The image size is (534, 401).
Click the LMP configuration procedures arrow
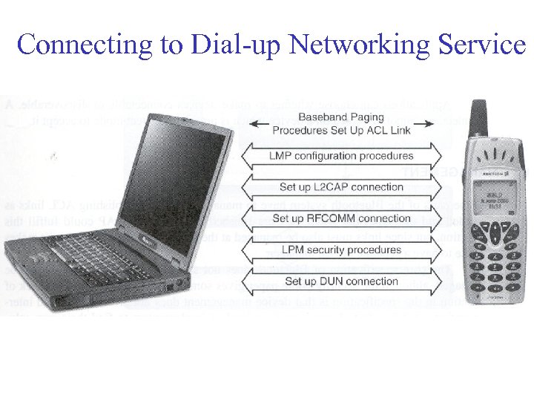(x=342, y=156)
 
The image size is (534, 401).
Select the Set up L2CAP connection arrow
(x=342, y=187)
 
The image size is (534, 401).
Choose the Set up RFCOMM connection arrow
(x=342, y=218)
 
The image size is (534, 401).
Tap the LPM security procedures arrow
(x=342, y=250)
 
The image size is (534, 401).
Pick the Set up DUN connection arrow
(x=342, y=281)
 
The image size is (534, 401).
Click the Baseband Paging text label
(x=341, y=117)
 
